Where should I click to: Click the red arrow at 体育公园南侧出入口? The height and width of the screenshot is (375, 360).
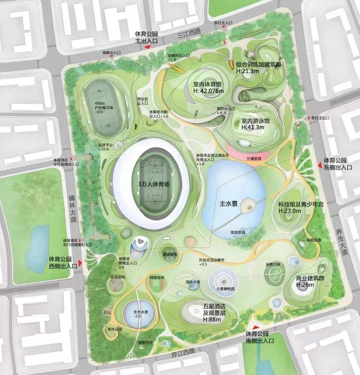click(256, 328)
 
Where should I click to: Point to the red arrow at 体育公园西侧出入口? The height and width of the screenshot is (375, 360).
click(79, 262)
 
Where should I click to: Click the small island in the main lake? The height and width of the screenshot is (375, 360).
click(247, 206)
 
